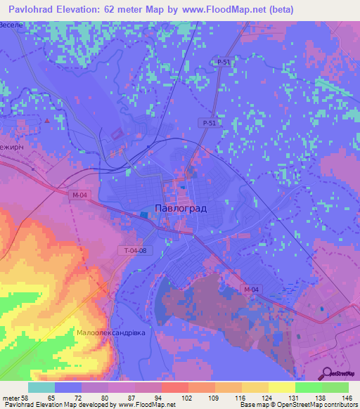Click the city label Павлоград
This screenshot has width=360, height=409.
179,207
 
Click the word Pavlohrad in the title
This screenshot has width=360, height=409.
29,9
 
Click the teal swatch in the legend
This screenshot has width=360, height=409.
41,387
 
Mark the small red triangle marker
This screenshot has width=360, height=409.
47,120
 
